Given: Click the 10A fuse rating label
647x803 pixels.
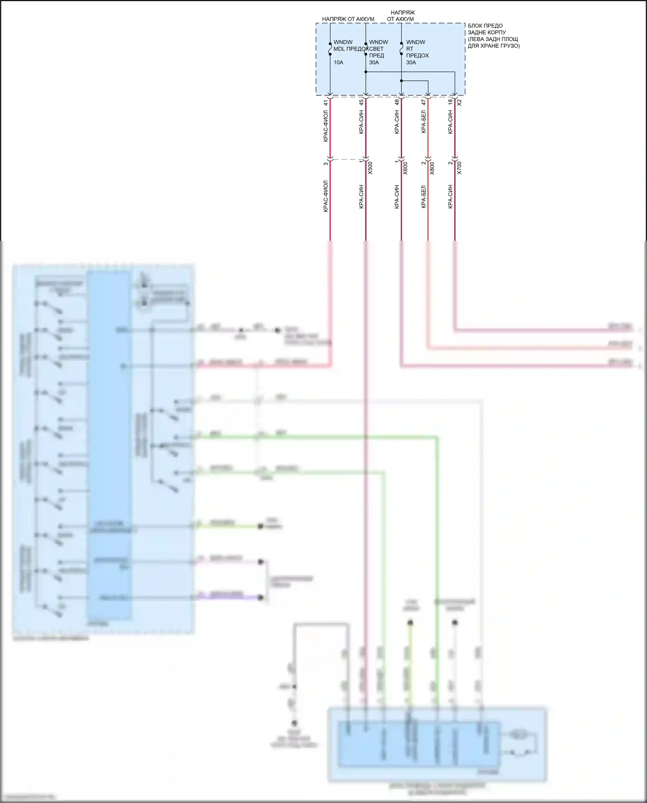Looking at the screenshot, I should coord(338,63).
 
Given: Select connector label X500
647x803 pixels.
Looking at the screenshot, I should coord(370,168).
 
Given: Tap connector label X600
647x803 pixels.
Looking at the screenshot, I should coord(405,168).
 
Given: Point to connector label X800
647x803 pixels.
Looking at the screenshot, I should coord(432,168).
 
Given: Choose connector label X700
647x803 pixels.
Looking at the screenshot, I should coord(459,168).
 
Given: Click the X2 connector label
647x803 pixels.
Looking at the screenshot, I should coord(459,103).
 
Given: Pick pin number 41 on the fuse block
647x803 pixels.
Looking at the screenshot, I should coord(326,103).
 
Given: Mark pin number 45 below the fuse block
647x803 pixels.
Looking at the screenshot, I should coord(361,103).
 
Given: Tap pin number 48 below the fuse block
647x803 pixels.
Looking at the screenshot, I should coord(397,103).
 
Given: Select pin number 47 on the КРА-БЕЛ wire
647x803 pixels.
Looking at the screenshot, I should coord(424,103).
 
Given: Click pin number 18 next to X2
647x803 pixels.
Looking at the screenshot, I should coord(450,103).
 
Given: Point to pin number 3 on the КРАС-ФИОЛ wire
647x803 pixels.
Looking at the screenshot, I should coord(326,164).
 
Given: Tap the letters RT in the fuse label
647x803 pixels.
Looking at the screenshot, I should coord(409,49).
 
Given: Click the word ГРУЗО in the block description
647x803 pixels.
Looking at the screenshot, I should coord(509,46).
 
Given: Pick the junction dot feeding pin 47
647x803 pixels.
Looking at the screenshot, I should coord(401,81).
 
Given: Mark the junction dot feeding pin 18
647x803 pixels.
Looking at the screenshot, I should coord(366,72).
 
